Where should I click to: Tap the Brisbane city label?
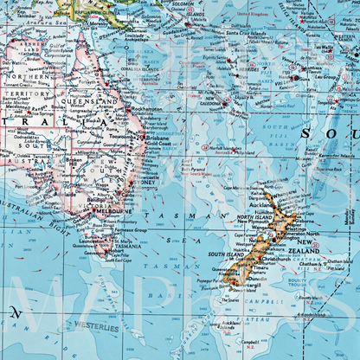tap(157, 138)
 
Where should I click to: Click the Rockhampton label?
tap(157, 109)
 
